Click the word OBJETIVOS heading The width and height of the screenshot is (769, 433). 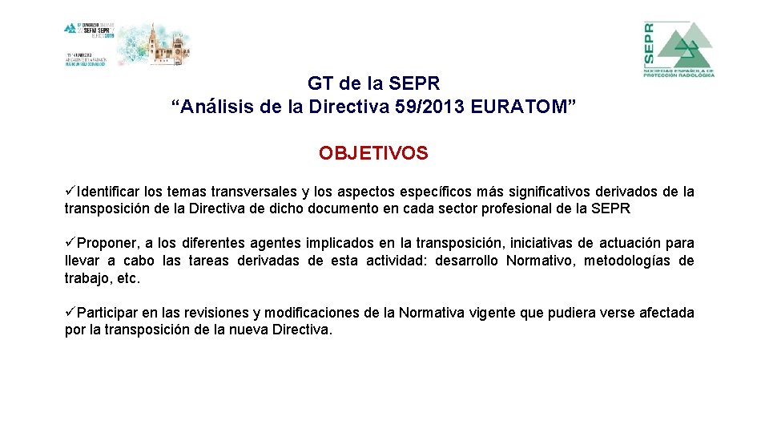tap(373, 153)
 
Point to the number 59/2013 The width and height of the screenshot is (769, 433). tap(433, 107)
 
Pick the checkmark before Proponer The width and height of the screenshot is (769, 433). tap(71, 243)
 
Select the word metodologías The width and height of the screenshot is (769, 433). tap(627, 261)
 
